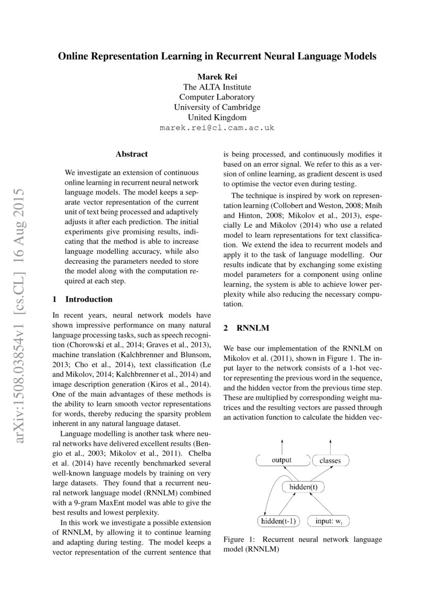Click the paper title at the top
click(x=217, y=57)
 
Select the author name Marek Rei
click(x=217, y=77)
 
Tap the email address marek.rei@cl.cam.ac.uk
click(x=217, y=127)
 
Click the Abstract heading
click(x=131, y=154)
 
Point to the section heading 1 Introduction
click(x=83, y=299)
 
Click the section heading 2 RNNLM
click(x=246, y=328)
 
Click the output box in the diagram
click(x=282, y=461)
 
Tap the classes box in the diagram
click(x=330, y=461)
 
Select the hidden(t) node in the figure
click(x=303, y=487)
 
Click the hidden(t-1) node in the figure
click(x=279, y=521)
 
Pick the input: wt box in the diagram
click(x=329, y=521)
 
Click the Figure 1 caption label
click(x=239, y=539)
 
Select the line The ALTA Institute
click(x=217, y=87)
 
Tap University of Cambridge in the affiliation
click(x=217, y=107)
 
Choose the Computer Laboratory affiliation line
click(x=217, y=97)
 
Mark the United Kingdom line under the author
click(x=217, y=117)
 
